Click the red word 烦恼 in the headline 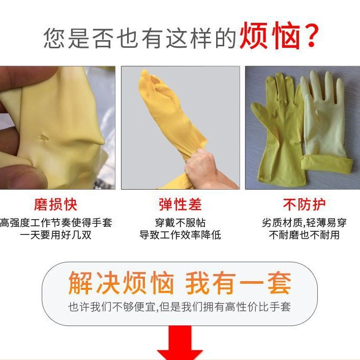pyautogui.click(x=270, y=36)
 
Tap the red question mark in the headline pyautogui.click(x=311, y=36)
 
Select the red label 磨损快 pyautogui.click(x=55, y=204)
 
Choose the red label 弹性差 pyautogui.click(x=180, y=204)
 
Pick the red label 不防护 pyautogui.click(x=304, y=204)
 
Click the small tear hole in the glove pyautogui.click(x=43, y=138)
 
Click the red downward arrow pyautogui.click(x=180, y=343)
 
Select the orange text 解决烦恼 pyautogui.click(x=121, y=283)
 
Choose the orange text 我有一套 pyautogui.click(x=238, y=283)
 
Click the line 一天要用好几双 pyautogui.click(x=55, y=235)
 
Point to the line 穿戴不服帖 pyautogui.click(x=180, y=223)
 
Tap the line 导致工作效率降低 pyautogui.click(x=180, y=235)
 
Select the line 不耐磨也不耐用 pyautogui.click(x=304, y=235)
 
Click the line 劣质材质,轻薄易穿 pyautogui.click(x=304, y=223)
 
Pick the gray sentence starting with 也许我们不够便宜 pyautogui.click(x=179, y=307)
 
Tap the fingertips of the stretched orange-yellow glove pyautogui.click(x=147, y=79)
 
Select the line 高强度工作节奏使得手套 pyautogui.click(x=56, y=223)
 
